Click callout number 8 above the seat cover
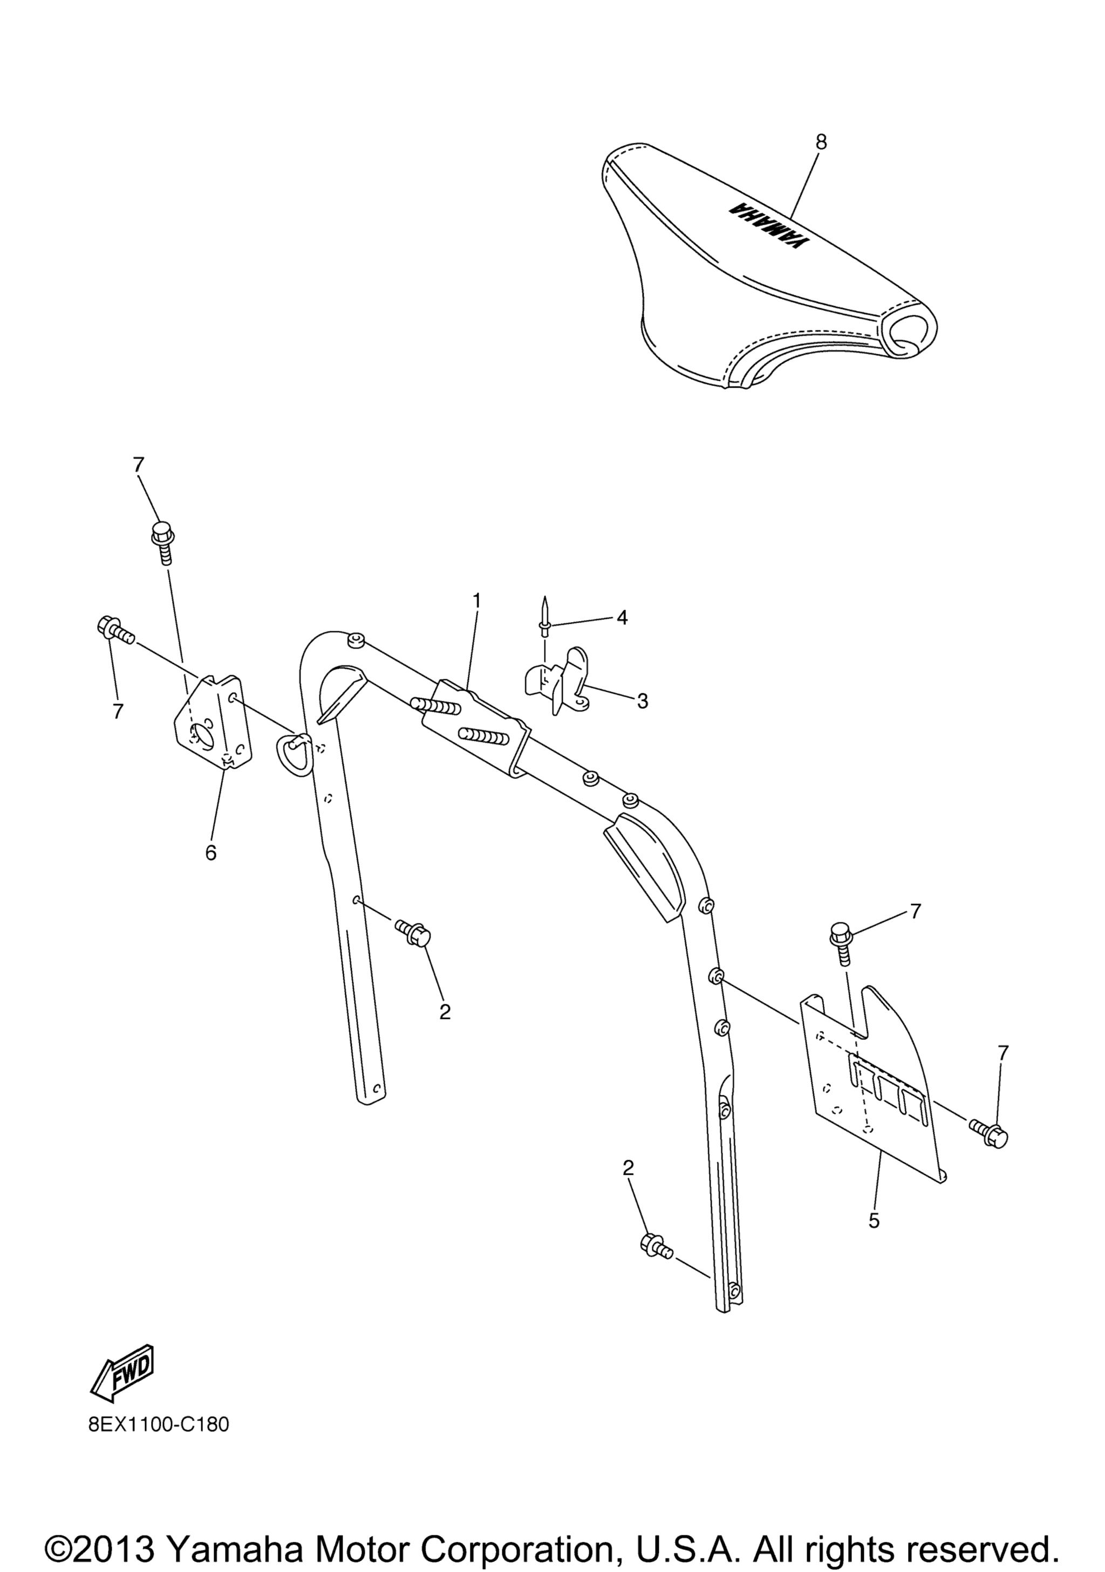point(821,142)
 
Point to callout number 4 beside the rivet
point(622,618)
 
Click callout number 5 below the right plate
point(874,1220)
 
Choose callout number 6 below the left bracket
point(210,852)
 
